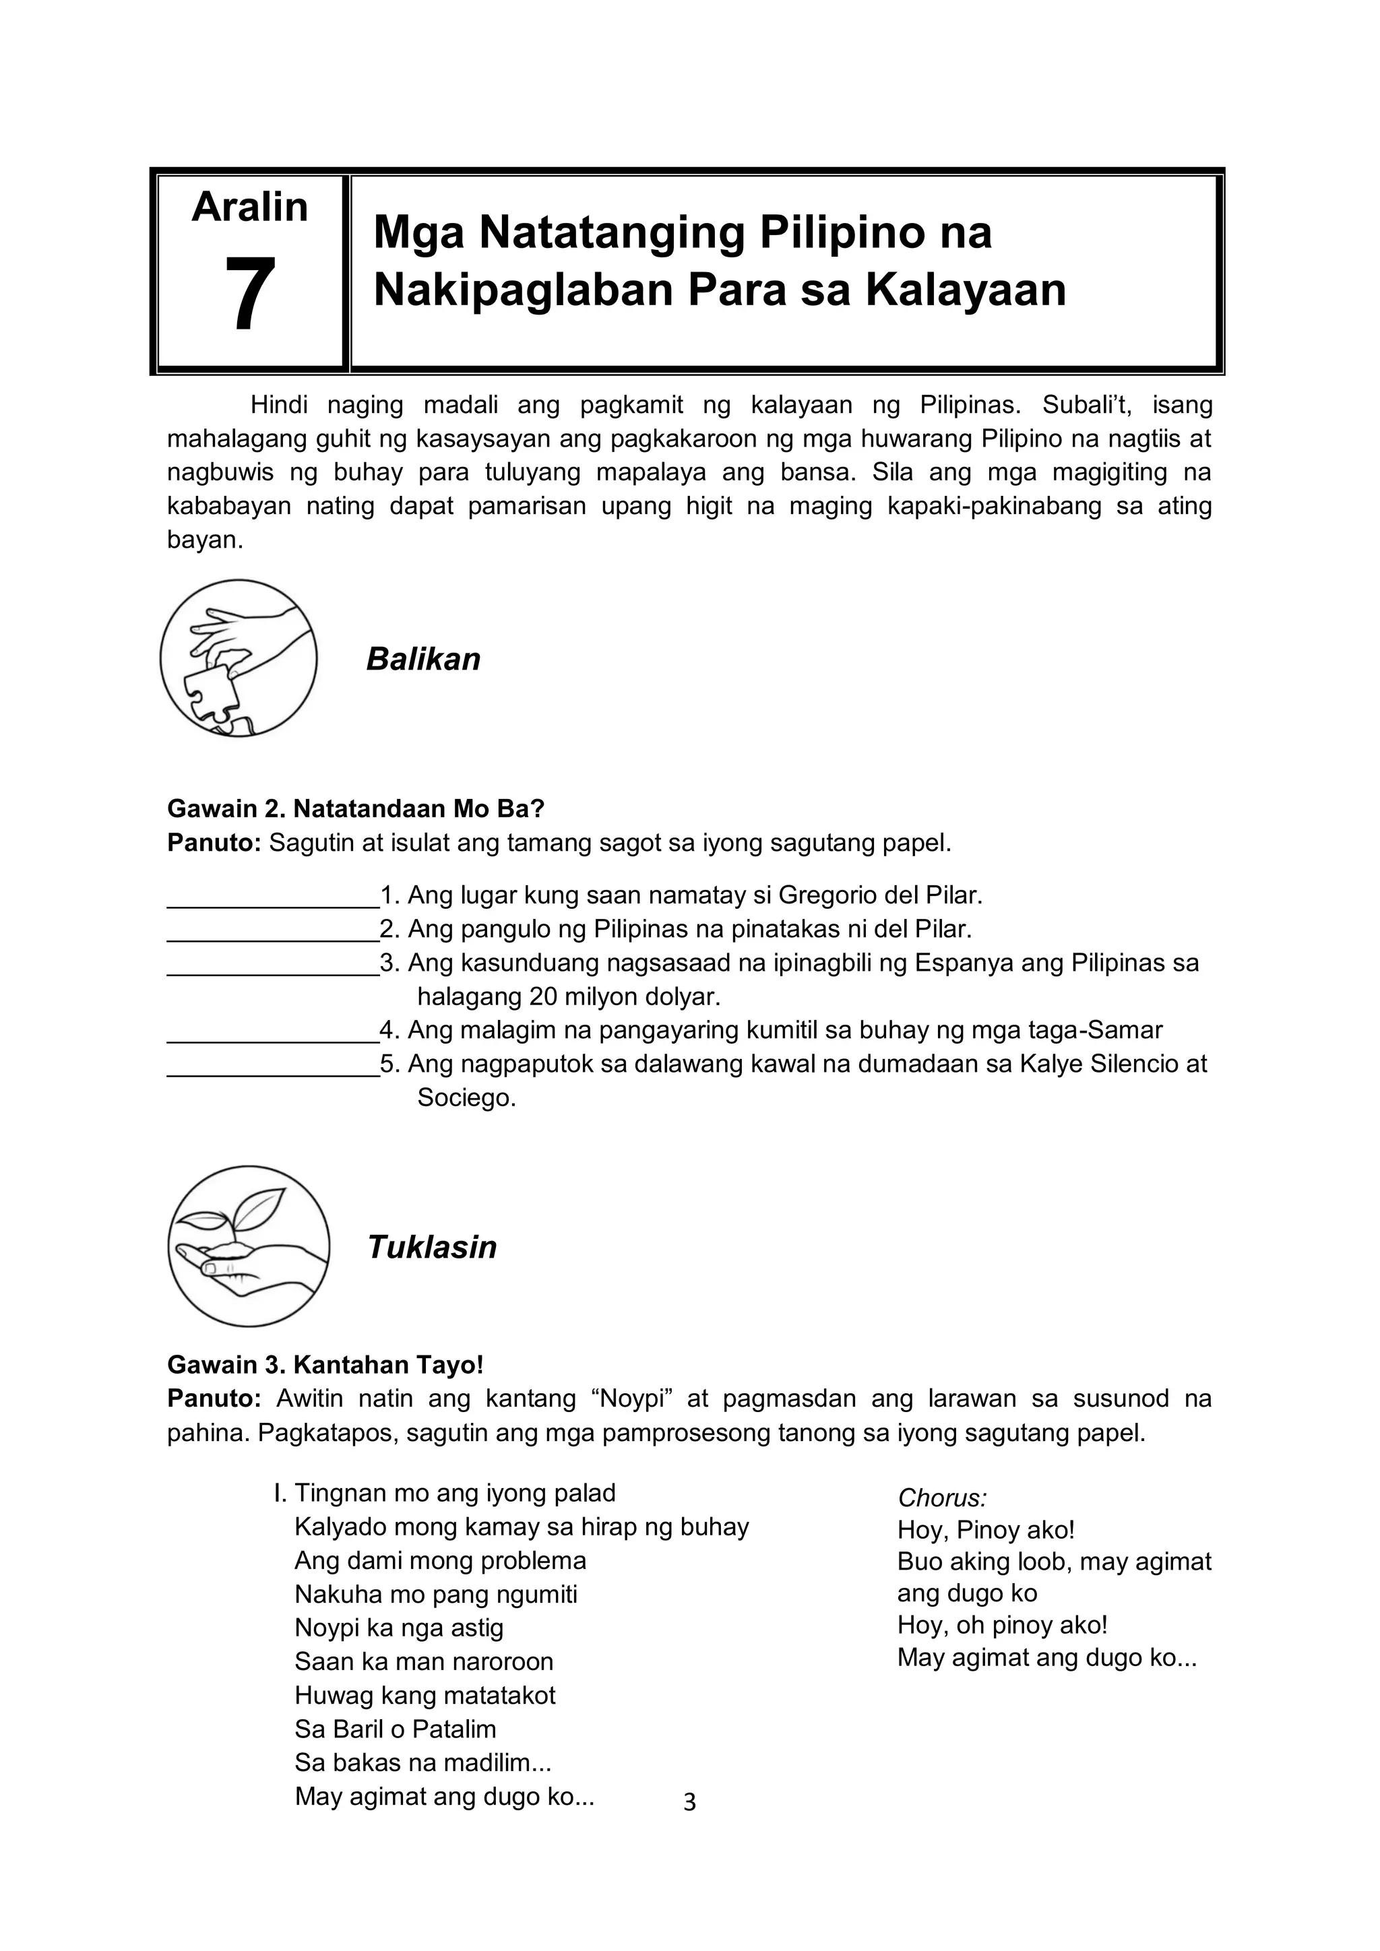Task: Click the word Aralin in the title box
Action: point(250,207)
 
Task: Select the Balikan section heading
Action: point(423,660)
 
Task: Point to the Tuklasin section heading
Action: point(432,1248)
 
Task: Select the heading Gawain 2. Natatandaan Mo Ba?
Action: point(355,808)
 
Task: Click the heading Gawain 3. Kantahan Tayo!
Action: point(325,1365)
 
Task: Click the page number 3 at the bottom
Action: point(689,1801)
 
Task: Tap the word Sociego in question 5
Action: point(465,1098)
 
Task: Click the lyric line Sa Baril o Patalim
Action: point(395,1729)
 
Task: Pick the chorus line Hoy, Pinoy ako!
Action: point(986,1531)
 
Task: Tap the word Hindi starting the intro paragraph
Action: point(279,406)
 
